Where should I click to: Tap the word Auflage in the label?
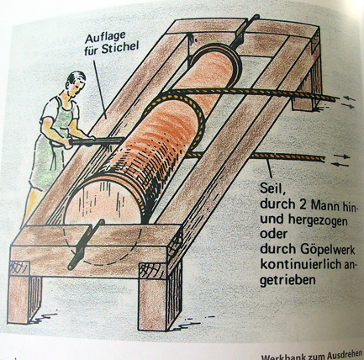pyautogui.click(x=105, y=38)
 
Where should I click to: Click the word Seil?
pyautogui.click(x=271, y=188)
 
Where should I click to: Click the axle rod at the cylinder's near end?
pyautogui.click(x=86, y=244)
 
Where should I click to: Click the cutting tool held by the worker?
pyautogui.click(x=96, y=141)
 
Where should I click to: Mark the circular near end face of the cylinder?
pyautogui.click(x=103, y=199)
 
